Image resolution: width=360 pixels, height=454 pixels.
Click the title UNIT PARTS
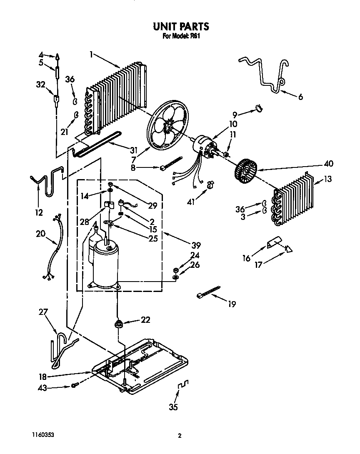(180, 27)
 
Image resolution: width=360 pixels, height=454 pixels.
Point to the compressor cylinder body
(105, 267)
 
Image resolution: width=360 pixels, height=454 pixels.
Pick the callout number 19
(232, 304)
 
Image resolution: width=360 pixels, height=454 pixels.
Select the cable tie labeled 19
(207, 292)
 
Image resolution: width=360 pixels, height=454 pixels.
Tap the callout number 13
(328, 180)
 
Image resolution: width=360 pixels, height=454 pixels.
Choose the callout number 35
(173, 407)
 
